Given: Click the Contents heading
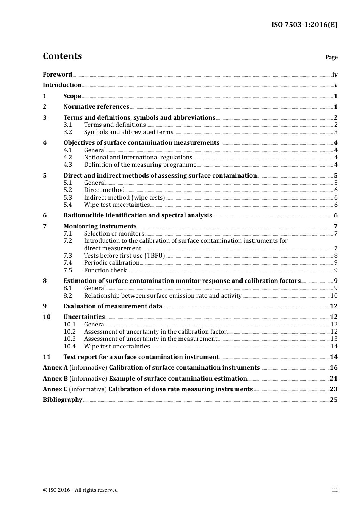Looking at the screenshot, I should [x=62, y=56].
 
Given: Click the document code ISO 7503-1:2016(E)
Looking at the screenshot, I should [x=304, y=25].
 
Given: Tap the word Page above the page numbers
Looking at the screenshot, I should [x=331, y=57].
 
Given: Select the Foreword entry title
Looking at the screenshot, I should [x=57, y=75].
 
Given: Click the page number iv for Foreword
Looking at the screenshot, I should [x=335, y=75].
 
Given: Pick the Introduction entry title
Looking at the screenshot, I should [x=62, y=85].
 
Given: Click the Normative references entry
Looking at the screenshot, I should [x=96, y=107].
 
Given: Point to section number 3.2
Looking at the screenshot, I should [x=67, y=132].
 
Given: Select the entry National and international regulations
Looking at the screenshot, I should [x=138, y=158].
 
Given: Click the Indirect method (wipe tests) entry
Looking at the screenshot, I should [x=124, y=198].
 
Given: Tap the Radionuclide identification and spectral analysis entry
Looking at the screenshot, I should [x=138, y=215].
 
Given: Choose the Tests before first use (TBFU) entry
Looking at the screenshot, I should [x=124, y=256].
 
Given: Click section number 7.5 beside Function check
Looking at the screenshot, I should [x=67, y=270].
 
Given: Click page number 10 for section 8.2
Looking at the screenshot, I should [x=334, y=296].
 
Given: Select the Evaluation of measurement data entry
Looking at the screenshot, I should [x=113, y=306].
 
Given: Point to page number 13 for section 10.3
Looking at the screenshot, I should [x=334, y=339].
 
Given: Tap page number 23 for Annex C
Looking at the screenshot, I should [x=333, y=389].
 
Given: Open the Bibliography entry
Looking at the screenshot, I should [x=63, y=400].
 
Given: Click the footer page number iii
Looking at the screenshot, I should [x=335, y=490].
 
